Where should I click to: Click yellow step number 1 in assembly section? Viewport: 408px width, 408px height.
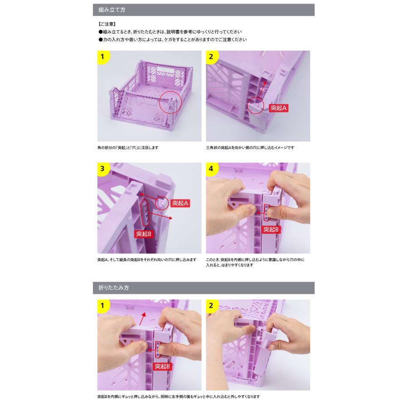(103, 57)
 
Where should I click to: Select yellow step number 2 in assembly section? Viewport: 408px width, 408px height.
(212, 57)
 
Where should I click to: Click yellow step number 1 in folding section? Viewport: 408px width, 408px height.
(103, 306)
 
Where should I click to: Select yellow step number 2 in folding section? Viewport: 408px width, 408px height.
(212, 306)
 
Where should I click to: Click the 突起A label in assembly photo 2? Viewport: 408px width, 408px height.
(279, 108)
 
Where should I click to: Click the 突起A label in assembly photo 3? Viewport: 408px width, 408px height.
(180, 204)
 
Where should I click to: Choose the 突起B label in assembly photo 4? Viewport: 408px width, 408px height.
(272, 229)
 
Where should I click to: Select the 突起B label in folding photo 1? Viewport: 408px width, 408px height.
(162, 365)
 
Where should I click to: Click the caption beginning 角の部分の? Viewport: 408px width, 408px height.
(128, 148)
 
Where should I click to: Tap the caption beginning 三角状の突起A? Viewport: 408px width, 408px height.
(250, 148)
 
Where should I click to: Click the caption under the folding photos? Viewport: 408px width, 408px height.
(178, 397)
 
